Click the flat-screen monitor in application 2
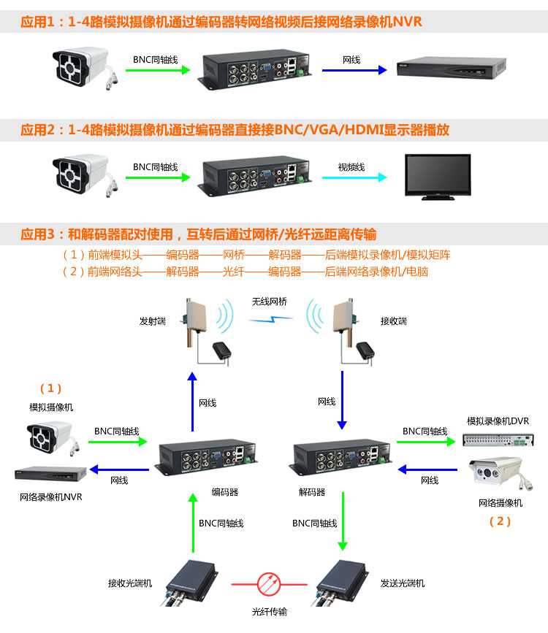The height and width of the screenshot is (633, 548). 438,175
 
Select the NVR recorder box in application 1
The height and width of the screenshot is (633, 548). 450,69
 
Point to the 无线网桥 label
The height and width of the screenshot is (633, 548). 270,301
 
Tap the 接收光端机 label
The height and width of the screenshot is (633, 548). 130,583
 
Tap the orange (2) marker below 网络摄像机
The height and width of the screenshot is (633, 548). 500,521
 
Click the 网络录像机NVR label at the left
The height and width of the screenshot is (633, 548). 51,497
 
